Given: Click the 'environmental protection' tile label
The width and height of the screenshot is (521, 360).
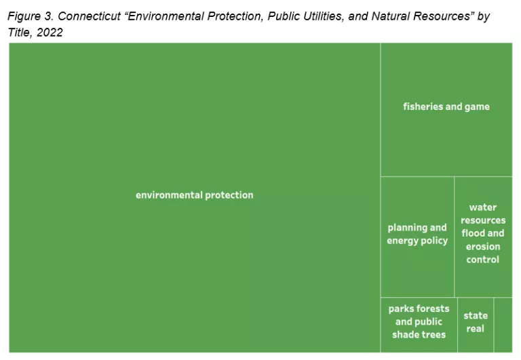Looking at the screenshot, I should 195,195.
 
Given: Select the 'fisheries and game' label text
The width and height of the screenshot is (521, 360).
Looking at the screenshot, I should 446,106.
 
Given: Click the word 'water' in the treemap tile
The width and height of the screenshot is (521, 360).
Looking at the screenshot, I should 483,207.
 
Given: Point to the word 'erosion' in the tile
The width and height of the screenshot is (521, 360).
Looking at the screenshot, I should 483,247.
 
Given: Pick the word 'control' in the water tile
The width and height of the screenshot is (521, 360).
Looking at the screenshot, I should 483,260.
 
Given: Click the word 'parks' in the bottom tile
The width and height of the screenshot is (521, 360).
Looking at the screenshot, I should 402,309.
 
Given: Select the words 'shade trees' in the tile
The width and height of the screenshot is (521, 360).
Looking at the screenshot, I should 419,335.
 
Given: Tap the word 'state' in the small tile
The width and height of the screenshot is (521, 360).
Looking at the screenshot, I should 476,316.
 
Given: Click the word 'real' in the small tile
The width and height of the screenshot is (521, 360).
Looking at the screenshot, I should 476,329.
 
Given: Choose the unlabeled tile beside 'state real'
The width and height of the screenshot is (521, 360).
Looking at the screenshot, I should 503,324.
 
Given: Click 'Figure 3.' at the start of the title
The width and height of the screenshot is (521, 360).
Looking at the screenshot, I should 31,16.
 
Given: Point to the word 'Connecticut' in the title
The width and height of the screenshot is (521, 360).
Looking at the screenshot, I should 88,16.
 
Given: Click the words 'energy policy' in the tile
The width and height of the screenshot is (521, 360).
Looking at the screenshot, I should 417,241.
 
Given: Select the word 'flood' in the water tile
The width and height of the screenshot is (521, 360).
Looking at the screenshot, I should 474,234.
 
